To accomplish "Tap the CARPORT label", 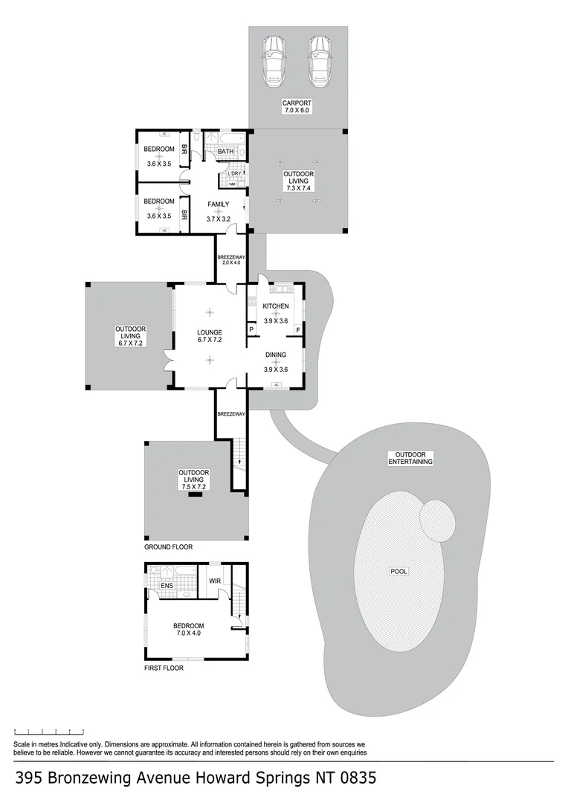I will pyautogui.click(x=296, y=103).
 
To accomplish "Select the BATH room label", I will pyautogui.click(x=226, y=152).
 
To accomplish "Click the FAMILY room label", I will pyautogui.click(x=218, y=204).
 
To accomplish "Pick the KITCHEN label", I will pyautogui.click(x=276, y=306).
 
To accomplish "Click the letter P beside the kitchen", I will pyautogui.click(x=251, y=330).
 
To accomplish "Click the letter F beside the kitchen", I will pyautogui.click(x=298, y=330).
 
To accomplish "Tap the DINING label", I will pyautogui.click(x=276, y=355).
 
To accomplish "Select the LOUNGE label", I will pyautogui.click(x=210, y=332).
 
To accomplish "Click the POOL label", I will pyautogui.click(x=399, y=572).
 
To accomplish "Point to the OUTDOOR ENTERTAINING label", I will pyautogui.click(x=410, y=458).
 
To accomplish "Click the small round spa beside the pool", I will pyautogui.click(x=436, y=520).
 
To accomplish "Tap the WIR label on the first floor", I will pyautogui.click(x=216, y=581).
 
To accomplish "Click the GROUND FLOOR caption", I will pyautogui.click(x=168, y=547).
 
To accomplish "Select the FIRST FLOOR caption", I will pyautogui.click(x=164, y=668).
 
